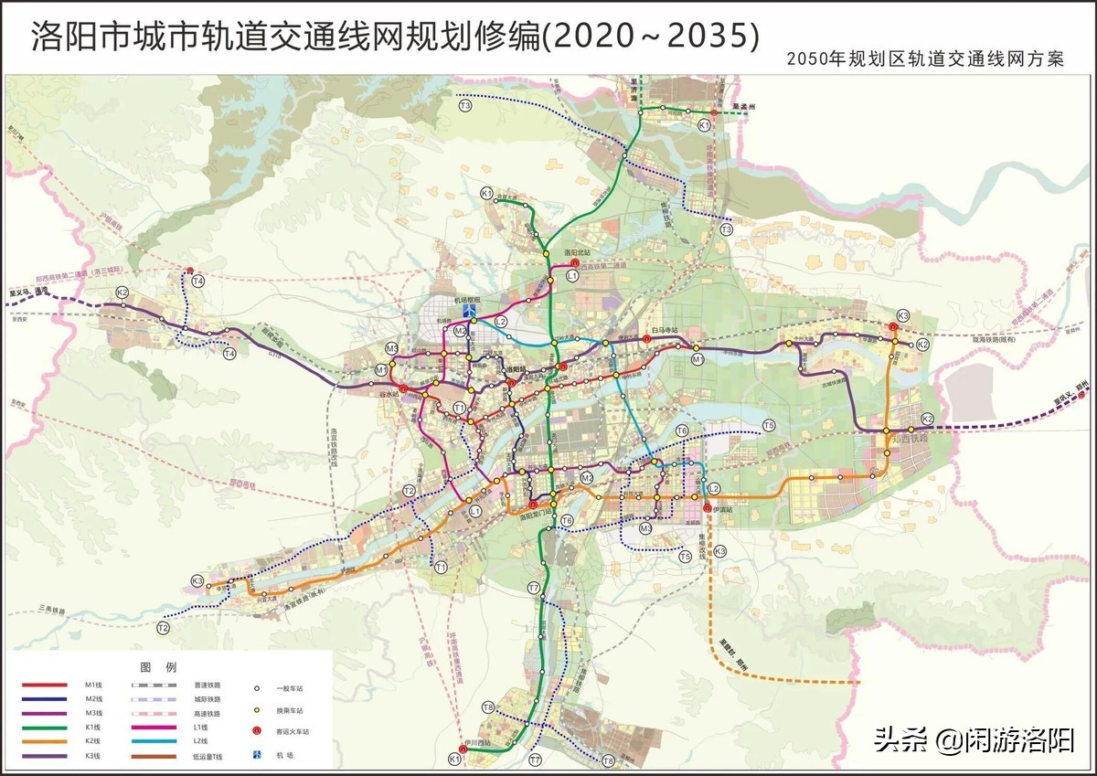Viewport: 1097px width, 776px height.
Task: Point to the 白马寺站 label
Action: coord(665,330)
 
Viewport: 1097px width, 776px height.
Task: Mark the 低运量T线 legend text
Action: coord(208,756)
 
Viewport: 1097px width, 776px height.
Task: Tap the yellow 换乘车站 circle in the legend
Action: coord(259,710)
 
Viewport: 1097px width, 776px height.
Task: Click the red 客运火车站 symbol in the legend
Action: coord(259,732)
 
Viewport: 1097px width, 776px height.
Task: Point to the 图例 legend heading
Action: coord(152,665)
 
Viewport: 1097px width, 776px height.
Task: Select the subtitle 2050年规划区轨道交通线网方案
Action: coord(925,59)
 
